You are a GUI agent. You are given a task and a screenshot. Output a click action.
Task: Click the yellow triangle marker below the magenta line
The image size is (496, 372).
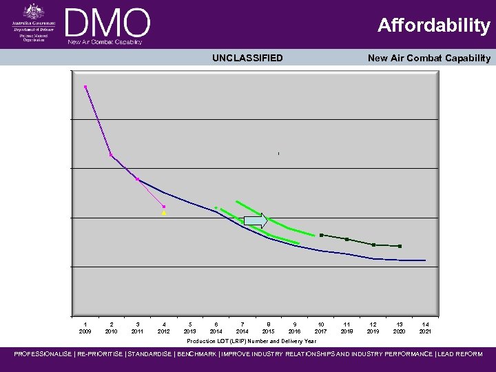click(164, 214)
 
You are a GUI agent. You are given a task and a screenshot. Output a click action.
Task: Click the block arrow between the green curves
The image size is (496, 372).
click(256, 221)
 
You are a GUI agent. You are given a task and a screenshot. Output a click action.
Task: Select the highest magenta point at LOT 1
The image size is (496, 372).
click(85, 87)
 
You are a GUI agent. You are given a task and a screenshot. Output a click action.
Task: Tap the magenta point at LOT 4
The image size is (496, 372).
click(164, 207)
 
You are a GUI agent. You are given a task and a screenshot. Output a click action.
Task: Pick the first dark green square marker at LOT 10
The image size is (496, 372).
click(321, 235)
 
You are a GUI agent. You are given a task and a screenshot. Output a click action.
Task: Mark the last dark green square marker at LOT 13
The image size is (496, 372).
click(400, 246)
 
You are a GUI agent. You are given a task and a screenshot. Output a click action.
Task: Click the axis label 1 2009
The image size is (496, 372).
click(85, 327)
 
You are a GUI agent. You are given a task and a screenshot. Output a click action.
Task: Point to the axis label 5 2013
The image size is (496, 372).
click(189, 327)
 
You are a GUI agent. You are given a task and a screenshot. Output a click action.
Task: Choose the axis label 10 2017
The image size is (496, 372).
click(320, 327)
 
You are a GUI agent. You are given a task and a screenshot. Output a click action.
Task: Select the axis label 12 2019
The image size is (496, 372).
click(373, 327)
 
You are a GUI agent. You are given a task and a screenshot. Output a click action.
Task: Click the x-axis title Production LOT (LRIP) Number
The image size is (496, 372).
click(251, 341)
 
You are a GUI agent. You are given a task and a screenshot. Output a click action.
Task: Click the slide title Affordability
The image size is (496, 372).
click(433, 26)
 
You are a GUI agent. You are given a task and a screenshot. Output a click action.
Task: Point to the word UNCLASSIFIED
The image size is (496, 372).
click(247, 58)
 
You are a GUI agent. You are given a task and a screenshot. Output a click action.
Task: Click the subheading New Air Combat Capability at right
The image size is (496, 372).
click(428, 58)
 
